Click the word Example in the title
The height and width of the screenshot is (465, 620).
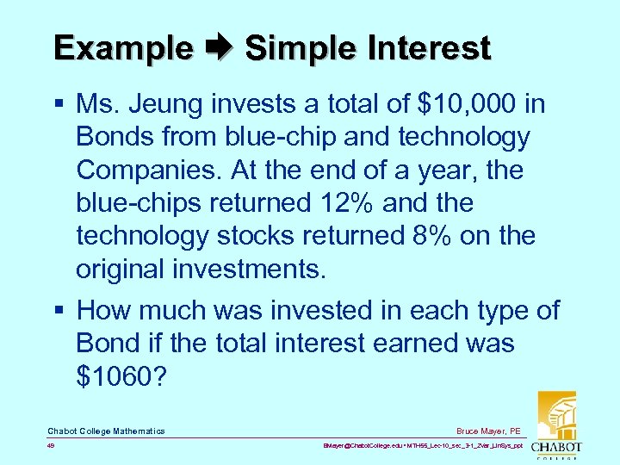tap(123, 47)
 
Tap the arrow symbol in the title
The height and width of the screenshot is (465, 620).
tap(220, 48)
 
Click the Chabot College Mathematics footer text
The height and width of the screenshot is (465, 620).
tap(106, 431)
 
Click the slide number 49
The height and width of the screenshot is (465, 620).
tap(52, 447)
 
